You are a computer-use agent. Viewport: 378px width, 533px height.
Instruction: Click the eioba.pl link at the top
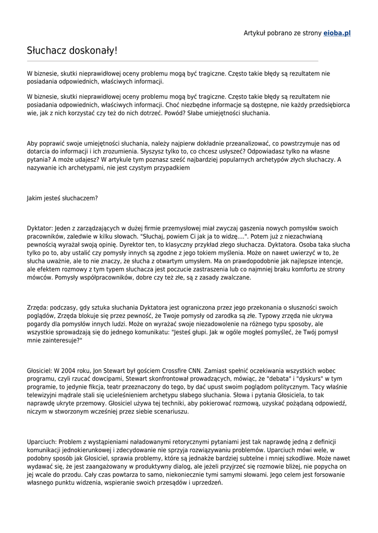pyautogui.click(x=337, y=33)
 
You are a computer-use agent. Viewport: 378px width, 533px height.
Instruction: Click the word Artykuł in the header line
pyautogui.click(x=255, y=33)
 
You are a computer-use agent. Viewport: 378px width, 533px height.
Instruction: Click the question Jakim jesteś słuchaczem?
pyautogui.click(x=63, y=198)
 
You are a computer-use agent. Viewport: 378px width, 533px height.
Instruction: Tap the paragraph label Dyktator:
pyautogui.click(x=40, y=228)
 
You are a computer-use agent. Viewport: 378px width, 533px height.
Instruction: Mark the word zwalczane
pyautogui.click(x=235, y=277)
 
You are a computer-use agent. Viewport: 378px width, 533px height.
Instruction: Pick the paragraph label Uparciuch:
pyautogui.click(x=42, y=441)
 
